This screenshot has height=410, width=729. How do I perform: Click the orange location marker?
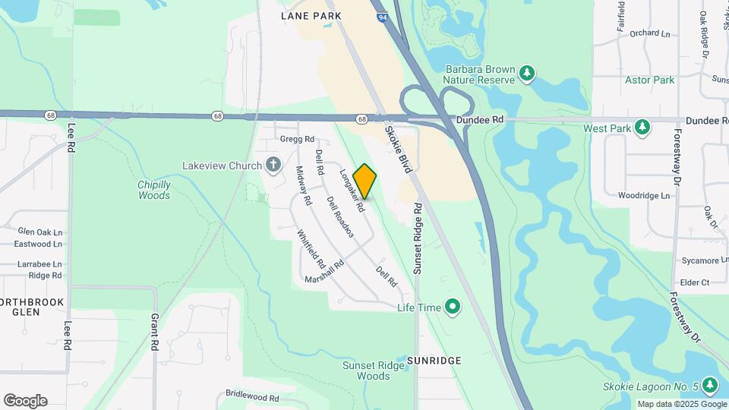(x=365, y=181)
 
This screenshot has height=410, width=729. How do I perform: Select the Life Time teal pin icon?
(x=453, y=307)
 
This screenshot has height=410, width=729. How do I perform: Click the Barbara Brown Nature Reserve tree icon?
(x=526, y=73)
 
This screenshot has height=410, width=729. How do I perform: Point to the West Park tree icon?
(x=642, y=128)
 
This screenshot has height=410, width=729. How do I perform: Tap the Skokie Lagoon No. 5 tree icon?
(x=710, y=386)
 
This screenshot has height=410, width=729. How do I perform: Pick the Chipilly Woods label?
(x=154, y=190)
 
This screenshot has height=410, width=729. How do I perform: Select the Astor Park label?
(x=649, y=80)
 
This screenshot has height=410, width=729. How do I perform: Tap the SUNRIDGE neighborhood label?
(x=434, y=360)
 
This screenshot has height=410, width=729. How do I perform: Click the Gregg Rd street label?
(x=297, y=139)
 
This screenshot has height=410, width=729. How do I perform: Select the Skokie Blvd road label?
(x=398, y=150)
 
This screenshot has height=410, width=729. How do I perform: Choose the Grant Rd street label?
(x=154, y=332)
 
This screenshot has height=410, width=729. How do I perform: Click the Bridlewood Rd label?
(x=252, y=396)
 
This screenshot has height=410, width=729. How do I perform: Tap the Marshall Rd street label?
(x=324, y=272)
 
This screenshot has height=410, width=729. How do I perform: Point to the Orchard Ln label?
(x=650, y=33)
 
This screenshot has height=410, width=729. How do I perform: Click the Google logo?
(x=25, y=401)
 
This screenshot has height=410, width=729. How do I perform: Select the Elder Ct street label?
(x=695, y=282)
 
